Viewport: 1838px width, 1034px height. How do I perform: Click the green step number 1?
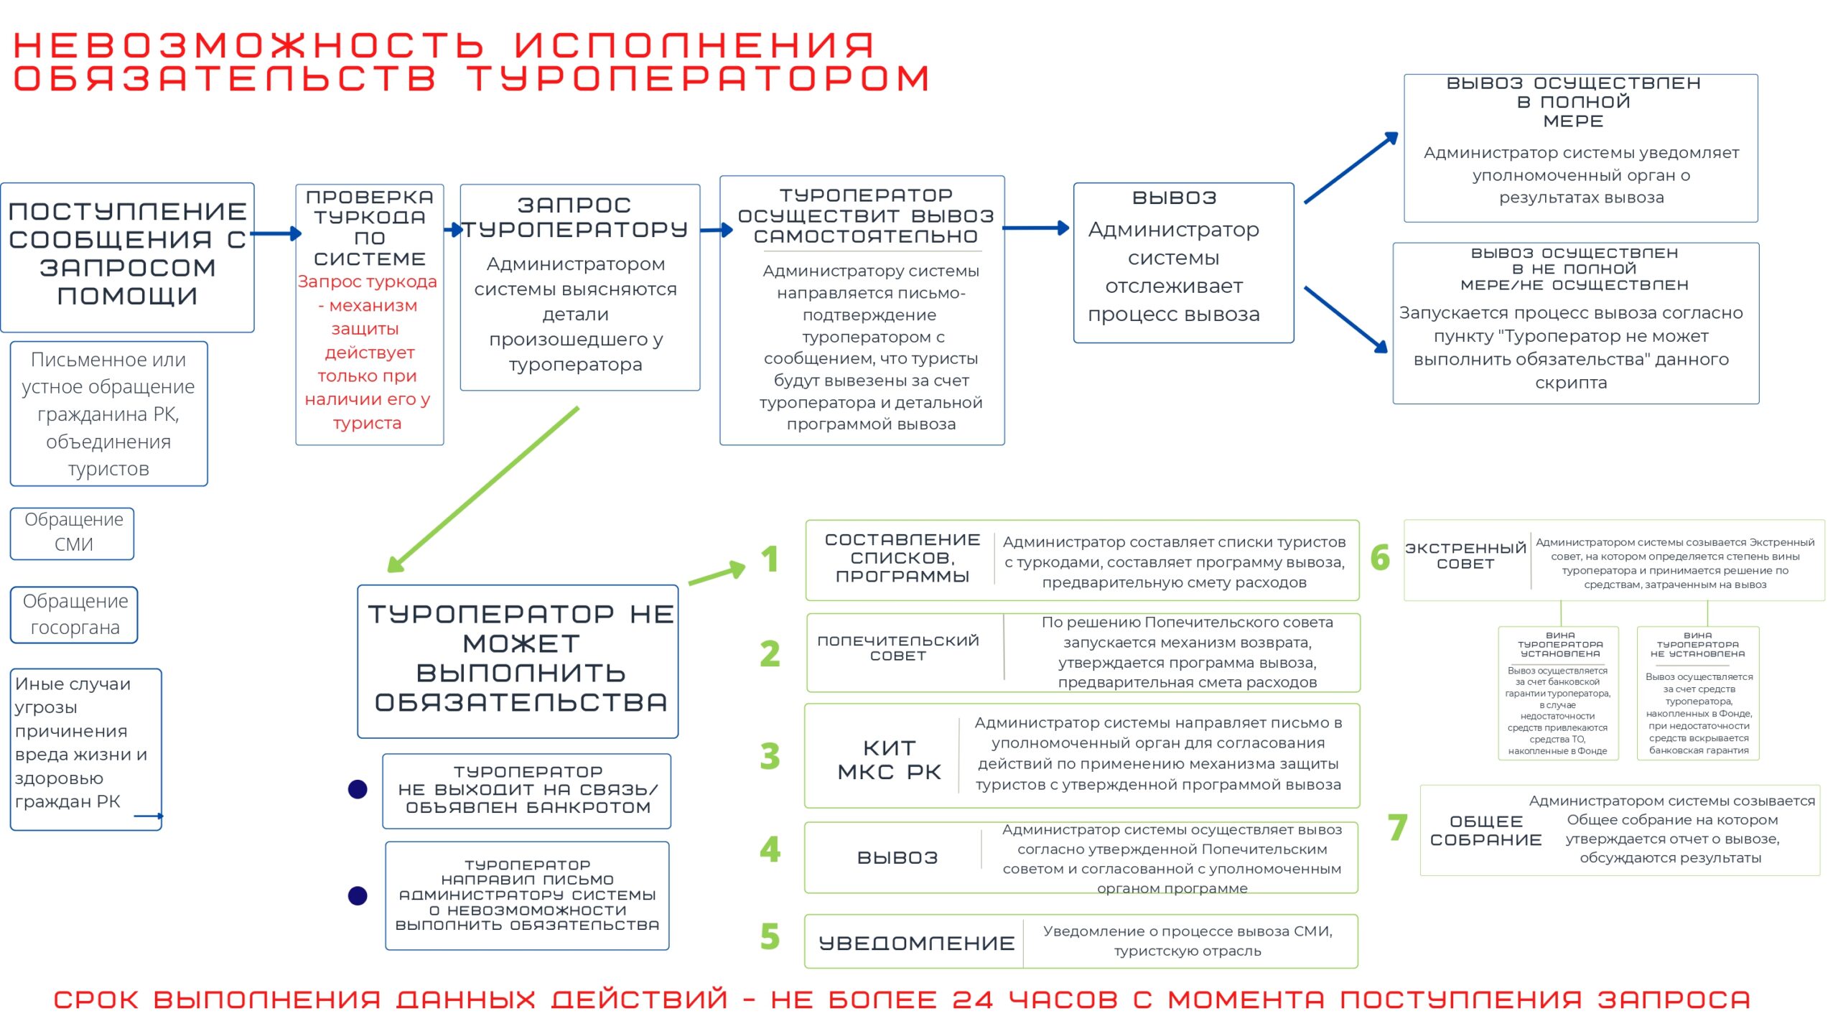click(770, 559)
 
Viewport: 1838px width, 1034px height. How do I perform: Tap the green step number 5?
click(770, 937)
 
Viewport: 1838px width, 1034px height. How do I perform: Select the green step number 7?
click(1397, 828)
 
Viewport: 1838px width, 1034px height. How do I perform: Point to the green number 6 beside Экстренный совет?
click(1380, 558)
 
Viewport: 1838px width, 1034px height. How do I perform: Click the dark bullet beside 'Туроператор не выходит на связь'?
click(358, 789)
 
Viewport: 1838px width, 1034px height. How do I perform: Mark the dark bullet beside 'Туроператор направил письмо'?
click(358, 895)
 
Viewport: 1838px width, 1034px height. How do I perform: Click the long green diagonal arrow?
click(482, 490)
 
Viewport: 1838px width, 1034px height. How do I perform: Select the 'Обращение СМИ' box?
click(73, 532)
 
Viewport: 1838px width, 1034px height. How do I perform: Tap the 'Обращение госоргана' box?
click(75, 615)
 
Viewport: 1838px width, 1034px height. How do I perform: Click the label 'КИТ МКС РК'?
click(889, 760)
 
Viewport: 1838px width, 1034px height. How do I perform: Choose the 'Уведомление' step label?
click(917, 943)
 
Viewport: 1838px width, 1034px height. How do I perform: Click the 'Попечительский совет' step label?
click(898, 648)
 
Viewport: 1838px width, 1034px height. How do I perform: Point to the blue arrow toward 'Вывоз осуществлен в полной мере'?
click(1350, 168)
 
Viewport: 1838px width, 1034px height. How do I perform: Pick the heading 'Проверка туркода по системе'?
click(370, 228)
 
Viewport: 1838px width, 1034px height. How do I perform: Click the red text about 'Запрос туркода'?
click(368, 352)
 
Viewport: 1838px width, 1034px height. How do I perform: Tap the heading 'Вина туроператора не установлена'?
click(1697, 645)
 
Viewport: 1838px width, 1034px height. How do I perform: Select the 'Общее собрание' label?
click(1485, 831)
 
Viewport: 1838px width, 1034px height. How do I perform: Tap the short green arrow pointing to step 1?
click(717, 573)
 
